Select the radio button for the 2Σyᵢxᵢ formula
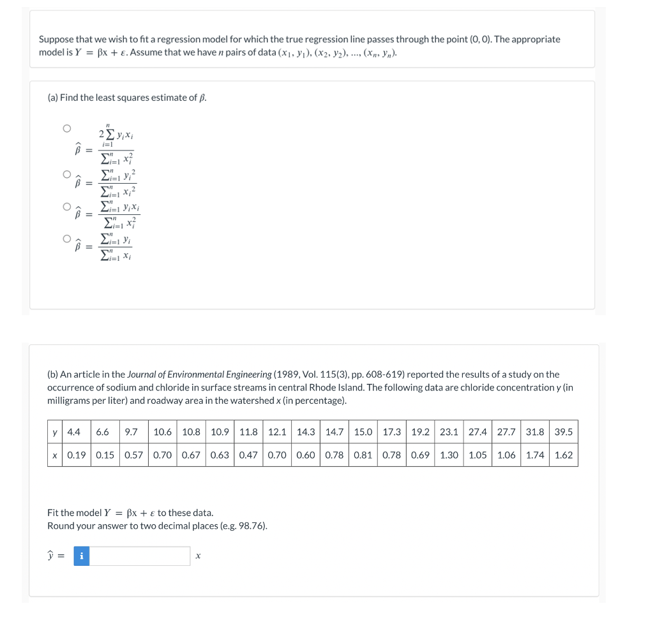tap(66, 128)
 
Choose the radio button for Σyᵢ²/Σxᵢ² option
tap(66, 173)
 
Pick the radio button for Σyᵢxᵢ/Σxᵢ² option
tap(66, 206)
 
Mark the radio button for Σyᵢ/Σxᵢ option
tap(66, 239)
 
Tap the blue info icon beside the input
tap(81, 556)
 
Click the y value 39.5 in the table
tap(563, 432)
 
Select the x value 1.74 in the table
tap(535, 455)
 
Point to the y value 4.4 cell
tap(74, 432)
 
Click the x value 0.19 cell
tap(77, 455)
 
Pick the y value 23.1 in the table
tap(449, 432)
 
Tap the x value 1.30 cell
tap(449, 455)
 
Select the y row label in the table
tap(55, 432)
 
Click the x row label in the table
tap(55, 455)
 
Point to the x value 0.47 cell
tap(248, 455)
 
